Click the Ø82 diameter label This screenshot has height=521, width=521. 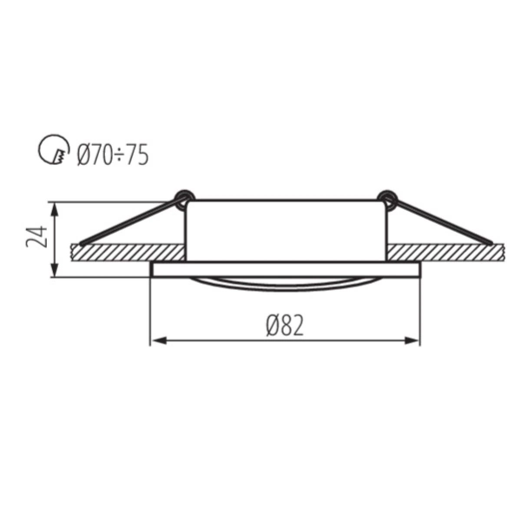pyautogui.click(x=285, y=326)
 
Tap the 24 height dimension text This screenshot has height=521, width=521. pyautogui.click(x=36, y=236)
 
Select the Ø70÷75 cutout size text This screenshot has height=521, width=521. pyautogui.click(x=113, y=155)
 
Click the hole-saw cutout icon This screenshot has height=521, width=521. pyautogui.click(x=54, y=149)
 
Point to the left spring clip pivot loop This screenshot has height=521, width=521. pyautogui.click(x=184, y=200)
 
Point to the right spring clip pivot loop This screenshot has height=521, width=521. pyautogui.click(x=387, y=200)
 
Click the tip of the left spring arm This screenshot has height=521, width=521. pyautogui.click(x=81, y=243)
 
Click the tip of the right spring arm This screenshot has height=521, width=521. pyautogui.click(x=491, y=243)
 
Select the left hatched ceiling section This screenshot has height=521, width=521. pyautogui.click(x=128, y=253)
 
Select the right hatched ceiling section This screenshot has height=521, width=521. pyautogui.click(x=446, y=253)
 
